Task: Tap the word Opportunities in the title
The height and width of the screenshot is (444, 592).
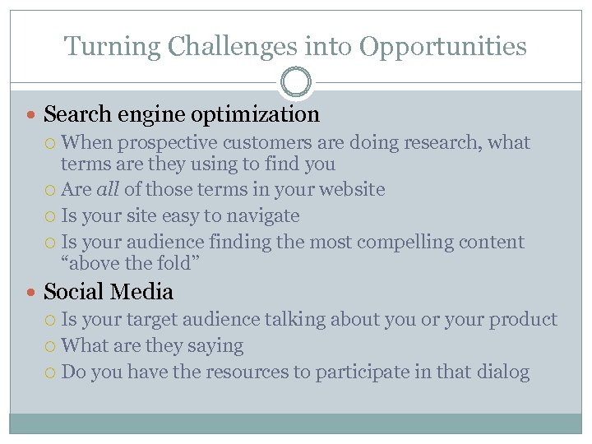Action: tap(444, 46)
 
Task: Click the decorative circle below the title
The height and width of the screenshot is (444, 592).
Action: tap(296, 83)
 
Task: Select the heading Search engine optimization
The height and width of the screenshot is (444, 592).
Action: tap(181, 114)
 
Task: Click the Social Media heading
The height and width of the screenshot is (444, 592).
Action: tap(109, 292)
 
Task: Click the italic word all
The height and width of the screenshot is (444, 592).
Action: tap(109, 190)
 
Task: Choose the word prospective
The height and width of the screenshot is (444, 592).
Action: tap(169, 143)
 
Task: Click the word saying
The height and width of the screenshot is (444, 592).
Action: tap(215, 346)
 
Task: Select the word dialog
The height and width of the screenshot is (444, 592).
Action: tap(502, 372)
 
